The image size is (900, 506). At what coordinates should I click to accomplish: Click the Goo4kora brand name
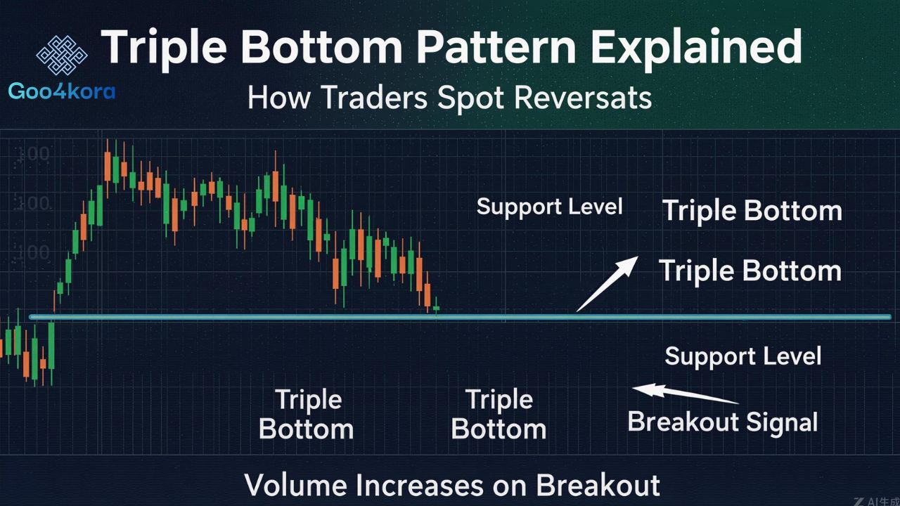[62, 91]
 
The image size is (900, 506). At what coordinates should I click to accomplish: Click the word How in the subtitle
[278, 98]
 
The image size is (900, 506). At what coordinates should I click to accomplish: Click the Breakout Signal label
[722, 422]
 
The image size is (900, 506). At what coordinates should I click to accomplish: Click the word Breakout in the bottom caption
[598, 486]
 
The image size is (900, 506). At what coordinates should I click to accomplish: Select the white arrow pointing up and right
[607, 283]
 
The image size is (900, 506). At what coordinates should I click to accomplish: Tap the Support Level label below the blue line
[742, 356]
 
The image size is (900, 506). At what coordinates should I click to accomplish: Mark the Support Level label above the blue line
[549, 207]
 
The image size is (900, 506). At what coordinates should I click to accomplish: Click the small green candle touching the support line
[437, 308]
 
